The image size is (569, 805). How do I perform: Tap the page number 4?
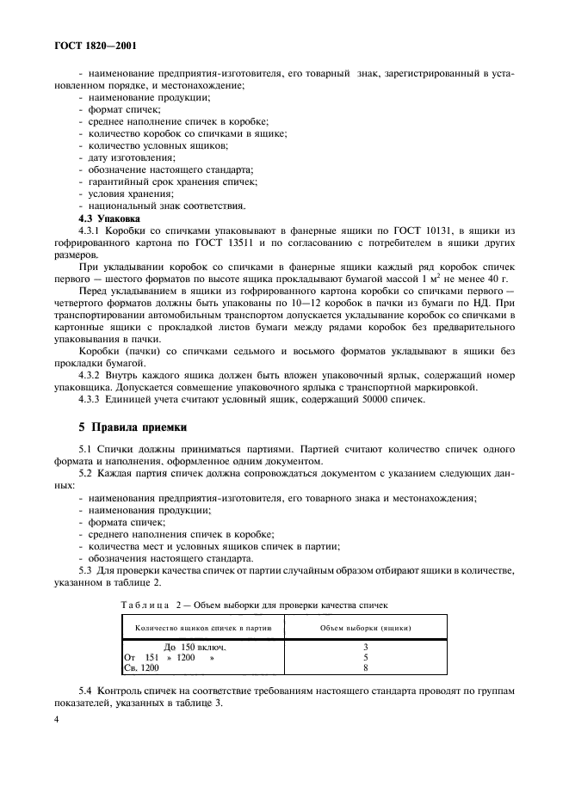(x=56, y=737)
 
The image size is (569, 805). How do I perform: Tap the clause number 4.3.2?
(x=90, y=375)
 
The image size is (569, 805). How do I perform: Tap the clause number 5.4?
(x=86, y=692)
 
